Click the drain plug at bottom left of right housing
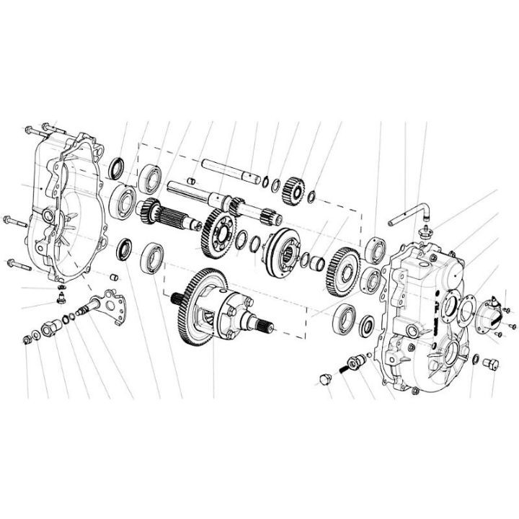tap(323, 379)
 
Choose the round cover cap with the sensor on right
tap(492, 311)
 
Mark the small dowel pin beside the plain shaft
tap(192, 179)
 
